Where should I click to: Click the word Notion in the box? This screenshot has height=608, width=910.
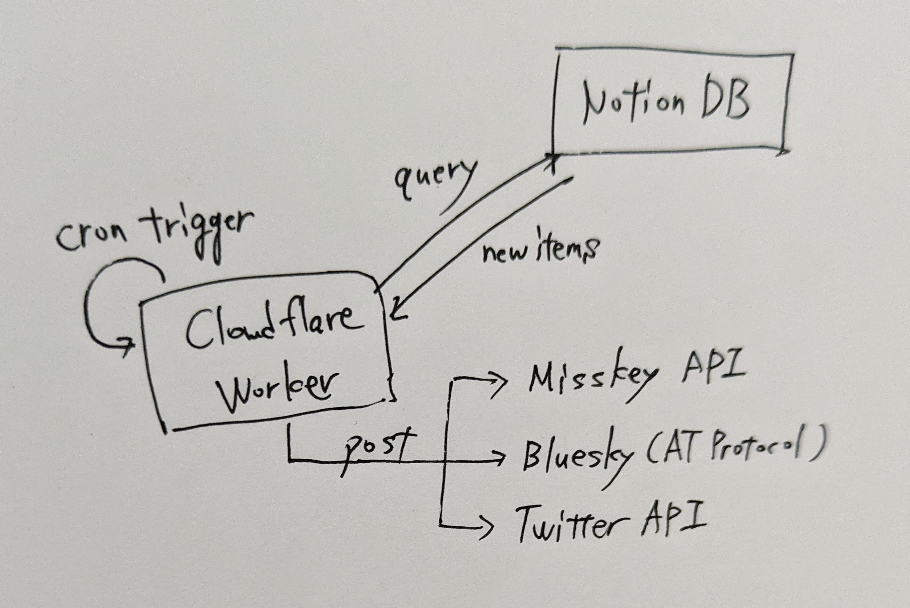point(633,104)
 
